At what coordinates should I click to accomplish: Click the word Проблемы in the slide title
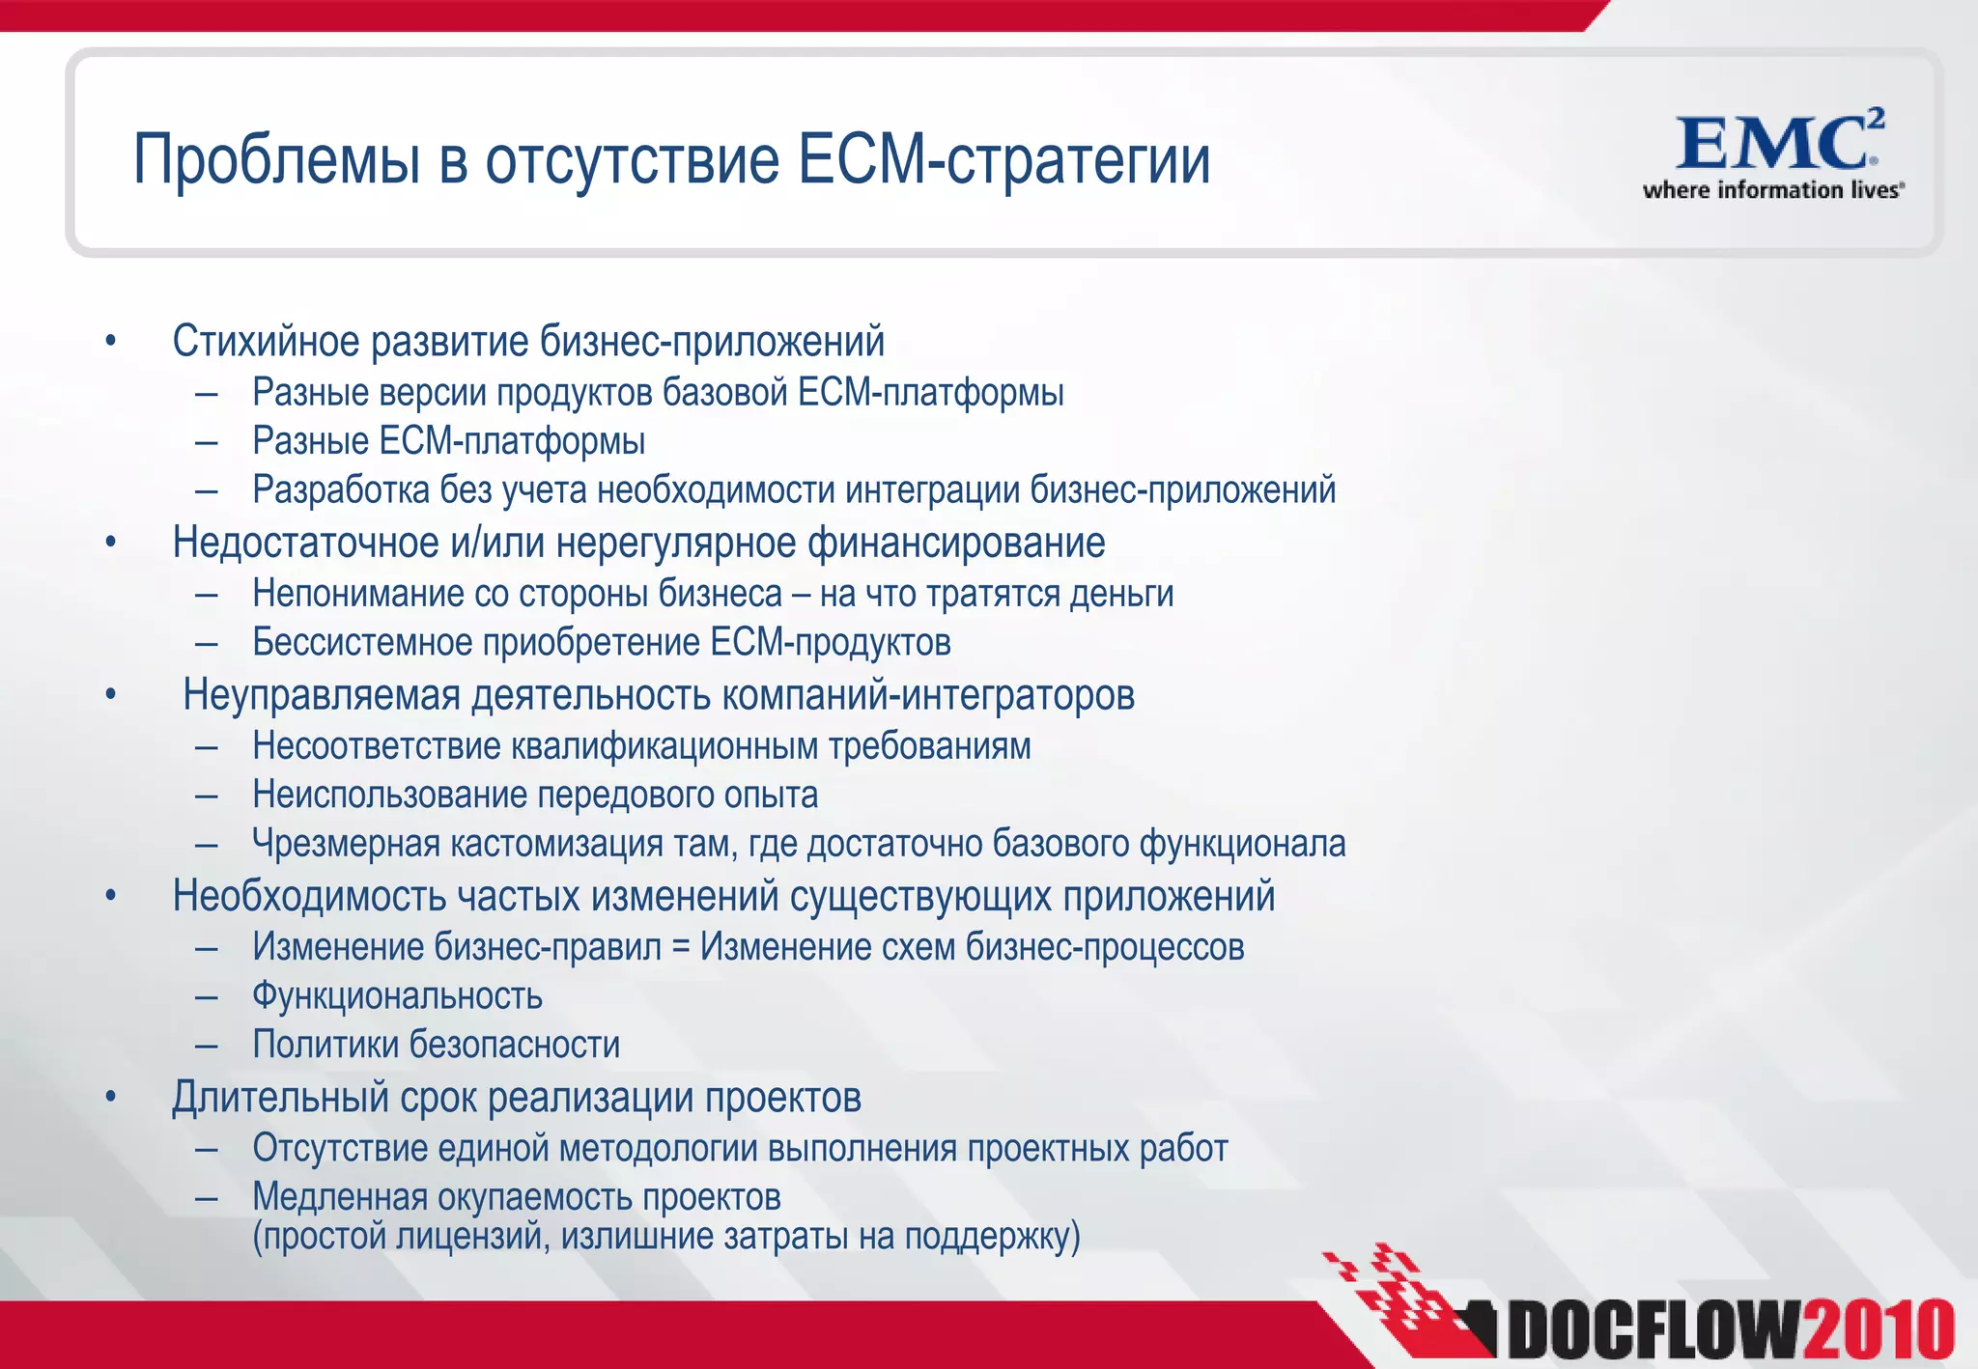point(276,160)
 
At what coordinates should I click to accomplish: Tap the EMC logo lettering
point(1769,145)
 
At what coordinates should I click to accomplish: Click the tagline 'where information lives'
point(1772,190)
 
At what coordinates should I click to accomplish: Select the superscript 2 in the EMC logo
point(1875,119)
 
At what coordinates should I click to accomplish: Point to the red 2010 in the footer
point(1878,1331)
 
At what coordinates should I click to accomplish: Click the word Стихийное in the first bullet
point(268,342)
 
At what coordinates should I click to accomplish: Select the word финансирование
point(956,543)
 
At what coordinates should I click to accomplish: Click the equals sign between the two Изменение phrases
point(681,947)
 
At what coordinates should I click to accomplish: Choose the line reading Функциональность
point(397,996)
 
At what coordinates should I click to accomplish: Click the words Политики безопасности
point(436,1045)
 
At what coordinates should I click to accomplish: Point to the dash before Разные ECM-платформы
point(206,442)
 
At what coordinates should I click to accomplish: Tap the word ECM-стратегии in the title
point(1003,160)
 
